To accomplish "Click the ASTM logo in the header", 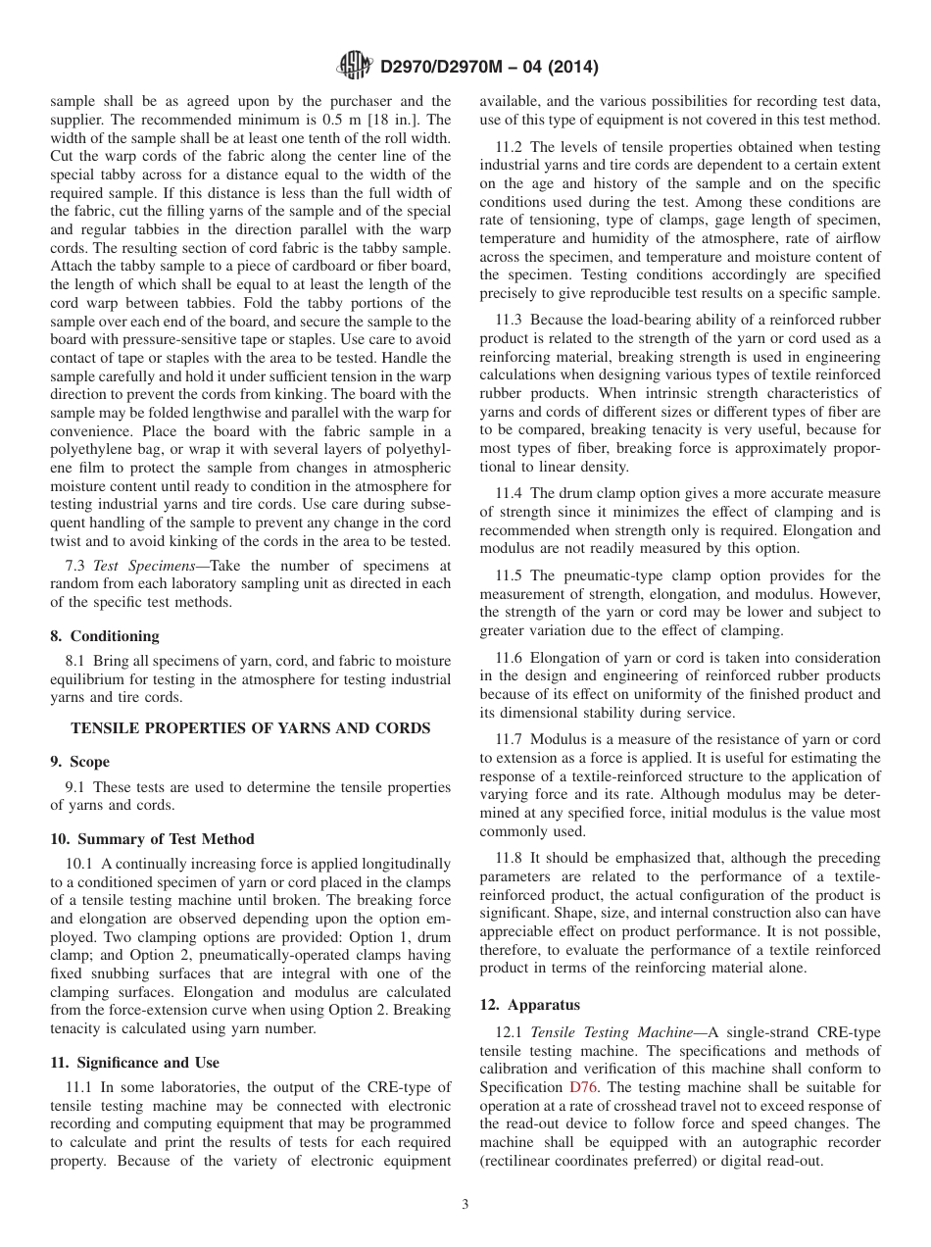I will coord(354,67).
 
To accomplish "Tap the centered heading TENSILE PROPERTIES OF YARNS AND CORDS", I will coord(251,727).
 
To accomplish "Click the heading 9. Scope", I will coord(80,762).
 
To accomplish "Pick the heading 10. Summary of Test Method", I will coord(152,839).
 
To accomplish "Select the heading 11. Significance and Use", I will coord(135,1063).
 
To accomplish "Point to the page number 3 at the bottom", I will coord(465,1205).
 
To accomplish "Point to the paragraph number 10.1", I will coord(81,864).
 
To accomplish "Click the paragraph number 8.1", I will coord(77,660).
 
